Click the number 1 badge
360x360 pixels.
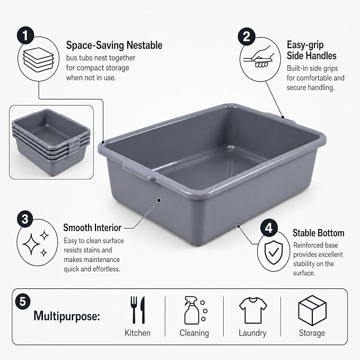tap(25, 36)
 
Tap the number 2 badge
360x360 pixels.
tap(247, 37)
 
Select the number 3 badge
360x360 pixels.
tap(25, 219)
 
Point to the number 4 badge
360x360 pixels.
tap(269, 228)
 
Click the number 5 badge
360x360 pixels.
tap(23, 301)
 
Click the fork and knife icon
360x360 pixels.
tap(138, 310)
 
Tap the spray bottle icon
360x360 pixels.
tap(196, 310)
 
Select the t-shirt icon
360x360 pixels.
tap(253, 310)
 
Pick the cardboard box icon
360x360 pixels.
tap(312, 310)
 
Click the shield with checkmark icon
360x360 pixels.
tap(274, 252)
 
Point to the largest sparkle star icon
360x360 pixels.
tap(31, 244)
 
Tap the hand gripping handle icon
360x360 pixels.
tap(259, 57)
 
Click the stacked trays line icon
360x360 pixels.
tap(38, 60)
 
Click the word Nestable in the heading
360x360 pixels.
tap(144, 45)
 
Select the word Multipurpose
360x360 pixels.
tap(67, 316)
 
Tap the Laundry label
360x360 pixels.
tap(252, 333)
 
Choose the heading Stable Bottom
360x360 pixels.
tap(319, 233)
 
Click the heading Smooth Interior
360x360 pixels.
tap(92, 228)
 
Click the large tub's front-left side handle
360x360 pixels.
tap(139, 170)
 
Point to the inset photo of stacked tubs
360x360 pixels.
tap(51, 142)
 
